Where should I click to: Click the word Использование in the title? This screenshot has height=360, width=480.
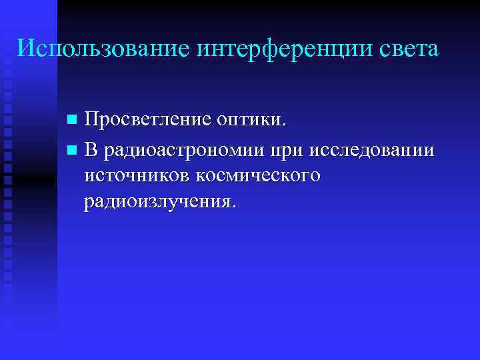(x=103, y=48)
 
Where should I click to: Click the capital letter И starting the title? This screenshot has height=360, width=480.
(x=24, y=48)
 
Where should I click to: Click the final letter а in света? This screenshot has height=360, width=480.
(x=433, y=51)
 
